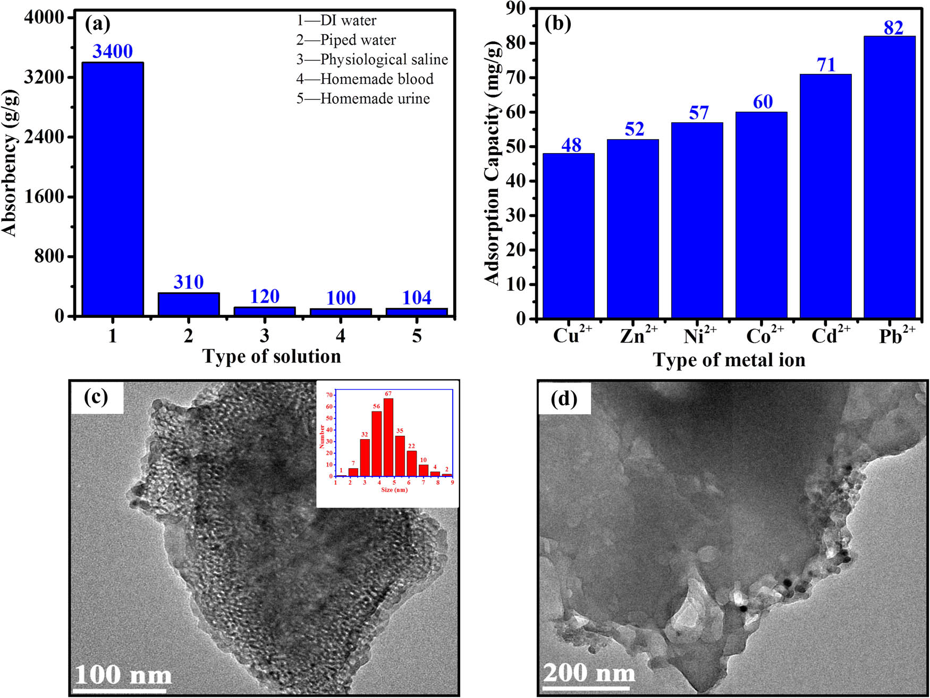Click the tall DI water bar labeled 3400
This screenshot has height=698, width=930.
(112, 189)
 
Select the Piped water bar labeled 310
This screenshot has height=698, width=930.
(189, 305)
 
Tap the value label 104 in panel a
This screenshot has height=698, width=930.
(417, 298)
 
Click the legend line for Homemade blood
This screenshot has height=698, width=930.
(365, 79)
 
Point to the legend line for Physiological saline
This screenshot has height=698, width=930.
(372, 60)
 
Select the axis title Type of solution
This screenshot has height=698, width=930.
(272, 356)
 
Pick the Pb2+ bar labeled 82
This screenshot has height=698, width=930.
(889, 177)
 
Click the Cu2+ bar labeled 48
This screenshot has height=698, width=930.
(568, 236)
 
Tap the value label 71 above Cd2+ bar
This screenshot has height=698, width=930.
(826, 65)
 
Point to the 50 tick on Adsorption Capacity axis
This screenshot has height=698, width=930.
(515, 147)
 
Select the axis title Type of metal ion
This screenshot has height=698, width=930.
(729, 360)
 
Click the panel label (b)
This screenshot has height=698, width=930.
(558, 23)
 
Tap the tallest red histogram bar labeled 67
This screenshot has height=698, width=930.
(388, 437)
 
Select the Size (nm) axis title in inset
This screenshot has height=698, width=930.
(394, 490)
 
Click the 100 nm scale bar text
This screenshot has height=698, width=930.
(123, 675)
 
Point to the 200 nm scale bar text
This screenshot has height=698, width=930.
(589, 672)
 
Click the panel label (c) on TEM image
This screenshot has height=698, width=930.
(96, 397)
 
